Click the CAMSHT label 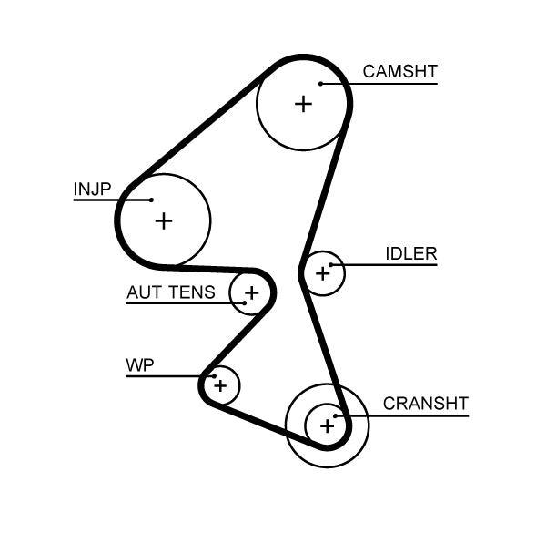399,71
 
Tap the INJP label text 92,189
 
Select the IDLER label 410,253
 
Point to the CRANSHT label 425,403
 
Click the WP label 139,365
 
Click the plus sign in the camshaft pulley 303,104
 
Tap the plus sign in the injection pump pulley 163,220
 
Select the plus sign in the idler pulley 322,272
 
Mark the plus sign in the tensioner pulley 251,293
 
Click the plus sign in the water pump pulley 219,386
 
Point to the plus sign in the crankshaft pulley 326,425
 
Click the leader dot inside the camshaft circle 321,85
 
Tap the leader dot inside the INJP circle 151,200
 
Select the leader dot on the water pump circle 212,375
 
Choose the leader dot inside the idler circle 333,266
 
